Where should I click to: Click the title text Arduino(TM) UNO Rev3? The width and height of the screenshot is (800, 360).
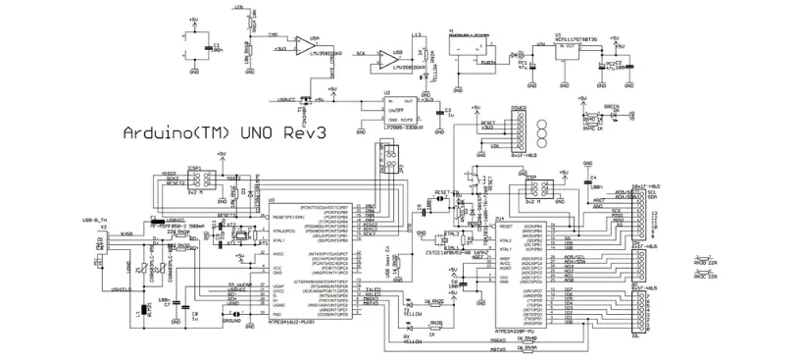224,131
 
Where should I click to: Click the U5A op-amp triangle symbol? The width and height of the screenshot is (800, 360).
313,46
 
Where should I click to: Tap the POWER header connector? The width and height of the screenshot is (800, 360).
519,128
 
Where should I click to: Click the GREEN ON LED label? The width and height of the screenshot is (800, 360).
610,108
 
